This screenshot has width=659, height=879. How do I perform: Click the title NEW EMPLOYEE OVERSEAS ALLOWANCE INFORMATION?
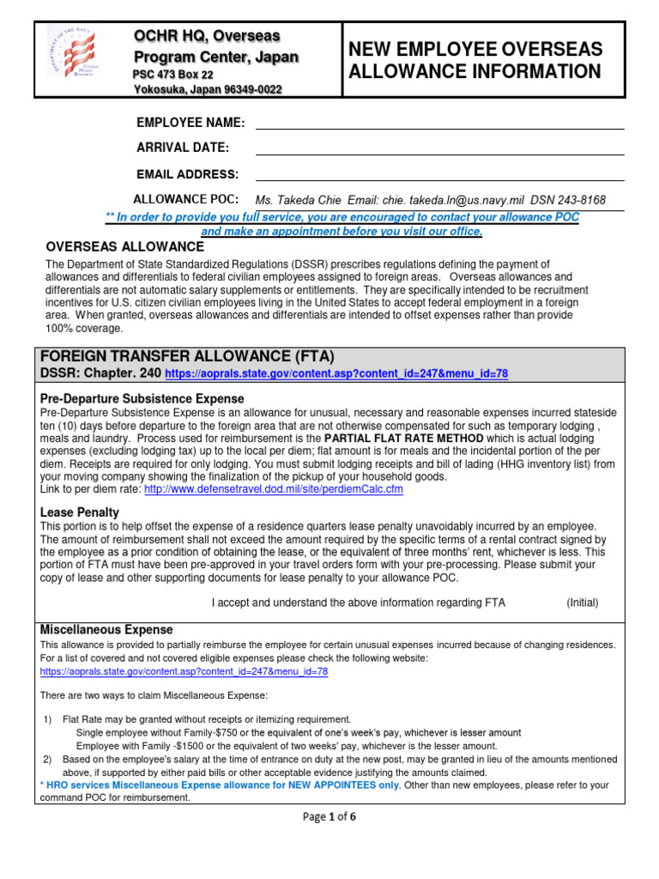[x=475, y=60]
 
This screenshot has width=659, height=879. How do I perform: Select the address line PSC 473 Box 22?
[x=173, y=75]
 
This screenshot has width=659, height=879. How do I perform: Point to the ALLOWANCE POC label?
[x=185, y=199]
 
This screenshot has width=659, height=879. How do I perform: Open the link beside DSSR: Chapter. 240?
[x=342, y=374]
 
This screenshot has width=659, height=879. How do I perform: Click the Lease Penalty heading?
[x=80, y=512]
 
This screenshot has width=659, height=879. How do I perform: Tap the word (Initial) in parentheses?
[x=583, y=603]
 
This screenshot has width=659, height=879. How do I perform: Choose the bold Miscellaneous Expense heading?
[x=106, y=630]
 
